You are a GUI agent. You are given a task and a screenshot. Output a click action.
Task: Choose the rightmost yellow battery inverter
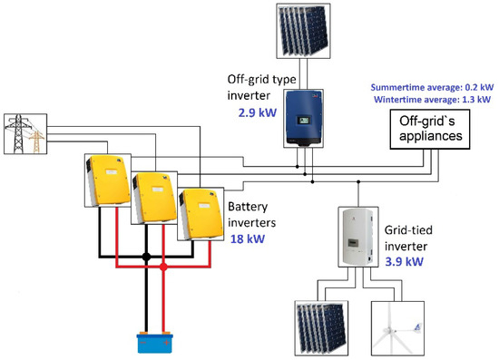pyautogui.click(x=197, y=214)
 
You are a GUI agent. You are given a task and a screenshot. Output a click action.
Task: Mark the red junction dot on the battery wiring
pyautogui.click(x=163, y=268)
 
